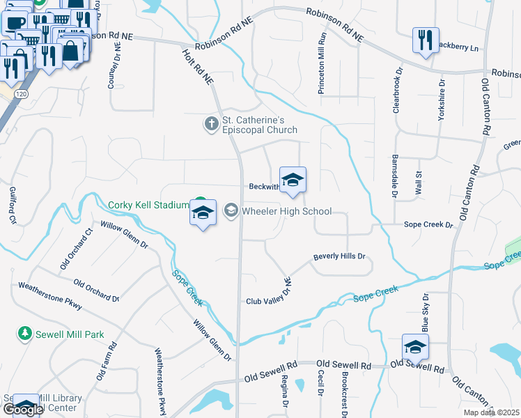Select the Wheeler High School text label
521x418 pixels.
tap(286, 211)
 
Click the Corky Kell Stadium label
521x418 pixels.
tap(148, 205)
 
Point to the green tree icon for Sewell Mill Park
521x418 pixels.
tap(25, 334)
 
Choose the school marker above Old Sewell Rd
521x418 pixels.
tap(415, 347)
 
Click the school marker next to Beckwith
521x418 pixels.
tap(293, 179)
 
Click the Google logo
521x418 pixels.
tap(23, 410)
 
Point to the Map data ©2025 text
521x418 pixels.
tap(491, 412)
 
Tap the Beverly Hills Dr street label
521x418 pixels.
tap(339, 256)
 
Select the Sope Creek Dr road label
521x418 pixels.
tap(428, 225)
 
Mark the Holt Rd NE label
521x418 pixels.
tap(198, 67)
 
